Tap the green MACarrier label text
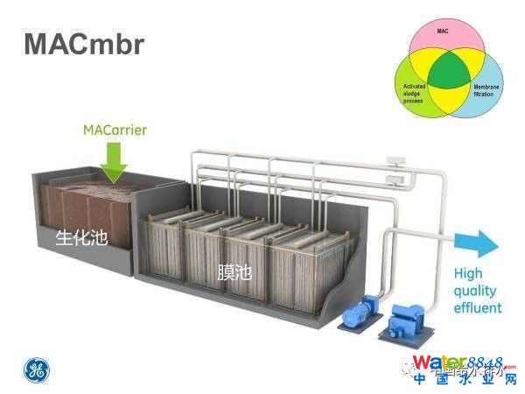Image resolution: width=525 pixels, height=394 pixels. point(114,130)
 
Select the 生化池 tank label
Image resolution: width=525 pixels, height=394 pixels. point(81,237)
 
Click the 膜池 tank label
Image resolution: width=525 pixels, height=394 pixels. point(234,272)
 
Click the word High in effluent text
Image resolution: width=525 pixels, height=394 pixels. point(468,274)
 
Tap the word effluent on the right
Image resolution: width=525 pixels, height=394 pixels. point(477,308)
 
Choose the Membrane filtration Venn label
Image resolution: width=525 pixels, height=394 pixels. point(487,90)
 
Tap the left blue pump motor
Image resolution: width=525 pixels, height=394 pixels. point(357,314)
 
